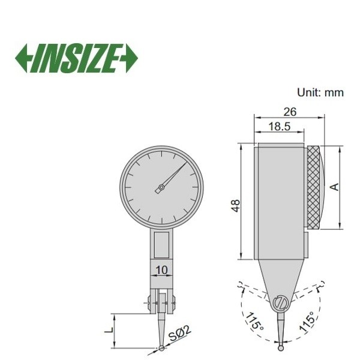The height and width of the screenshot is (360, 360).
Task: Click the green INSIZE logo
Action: click(76, 58)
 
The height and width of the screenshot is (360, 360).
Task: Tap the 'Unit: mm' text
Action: click(320, 93)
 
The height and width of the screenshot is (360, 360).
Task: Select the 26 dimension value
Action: click(290, 112)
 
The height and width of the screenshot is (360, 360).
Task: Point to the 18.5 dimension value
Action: click(280, 126)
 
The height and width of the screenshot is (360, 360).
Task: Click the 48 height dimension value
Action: click(236, 205)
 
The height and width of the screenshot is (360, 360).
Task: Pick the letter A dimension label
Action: click(335, 187)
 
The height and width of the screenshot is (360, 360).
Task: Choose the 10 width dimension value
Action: click(162, 270)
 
